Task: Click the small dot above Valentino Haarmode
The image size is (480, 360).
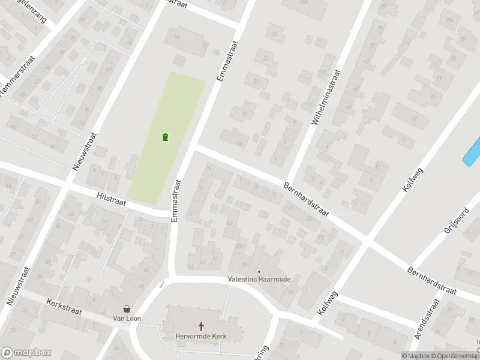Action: pos(260,271)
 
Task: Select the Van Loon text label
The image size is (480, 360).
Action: pos(128,318)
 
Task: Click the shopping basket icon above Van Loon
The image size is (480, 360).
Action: pos(127,308)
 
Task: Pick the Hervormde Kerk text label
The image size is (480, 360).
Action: pos(200,336)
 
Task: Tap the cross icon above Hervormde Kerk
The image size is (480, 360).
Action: pos(202,326)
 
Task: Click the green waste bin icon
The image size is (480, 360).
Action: pos(165,137)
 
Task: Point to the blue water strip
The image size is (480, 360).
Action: pos(472,151)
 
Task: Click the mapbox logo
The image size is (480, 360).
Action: pos(26,353)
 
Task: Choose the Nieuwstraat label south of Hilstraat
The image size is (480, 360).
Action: pos(17,286)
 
